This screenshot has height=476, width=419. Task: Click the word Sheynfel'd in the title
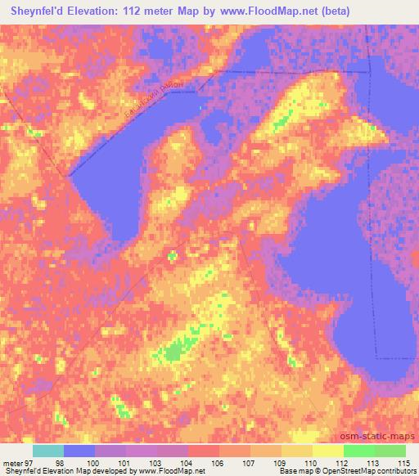pos(37,11)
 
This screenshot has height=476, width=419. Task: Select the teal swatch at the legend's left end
pos(48,451)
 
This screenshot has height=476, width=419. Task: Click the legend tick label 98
pos(59,463)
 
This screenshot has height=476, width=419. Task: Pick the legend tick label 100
pos(91,463)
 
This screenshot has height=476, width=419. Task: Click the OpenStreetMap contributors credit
pos(376,472)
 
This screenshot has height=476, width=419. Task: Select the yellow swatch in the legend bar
pos(327,451)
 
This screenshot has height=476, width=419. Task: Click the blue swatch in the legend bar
pos(79,451)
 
